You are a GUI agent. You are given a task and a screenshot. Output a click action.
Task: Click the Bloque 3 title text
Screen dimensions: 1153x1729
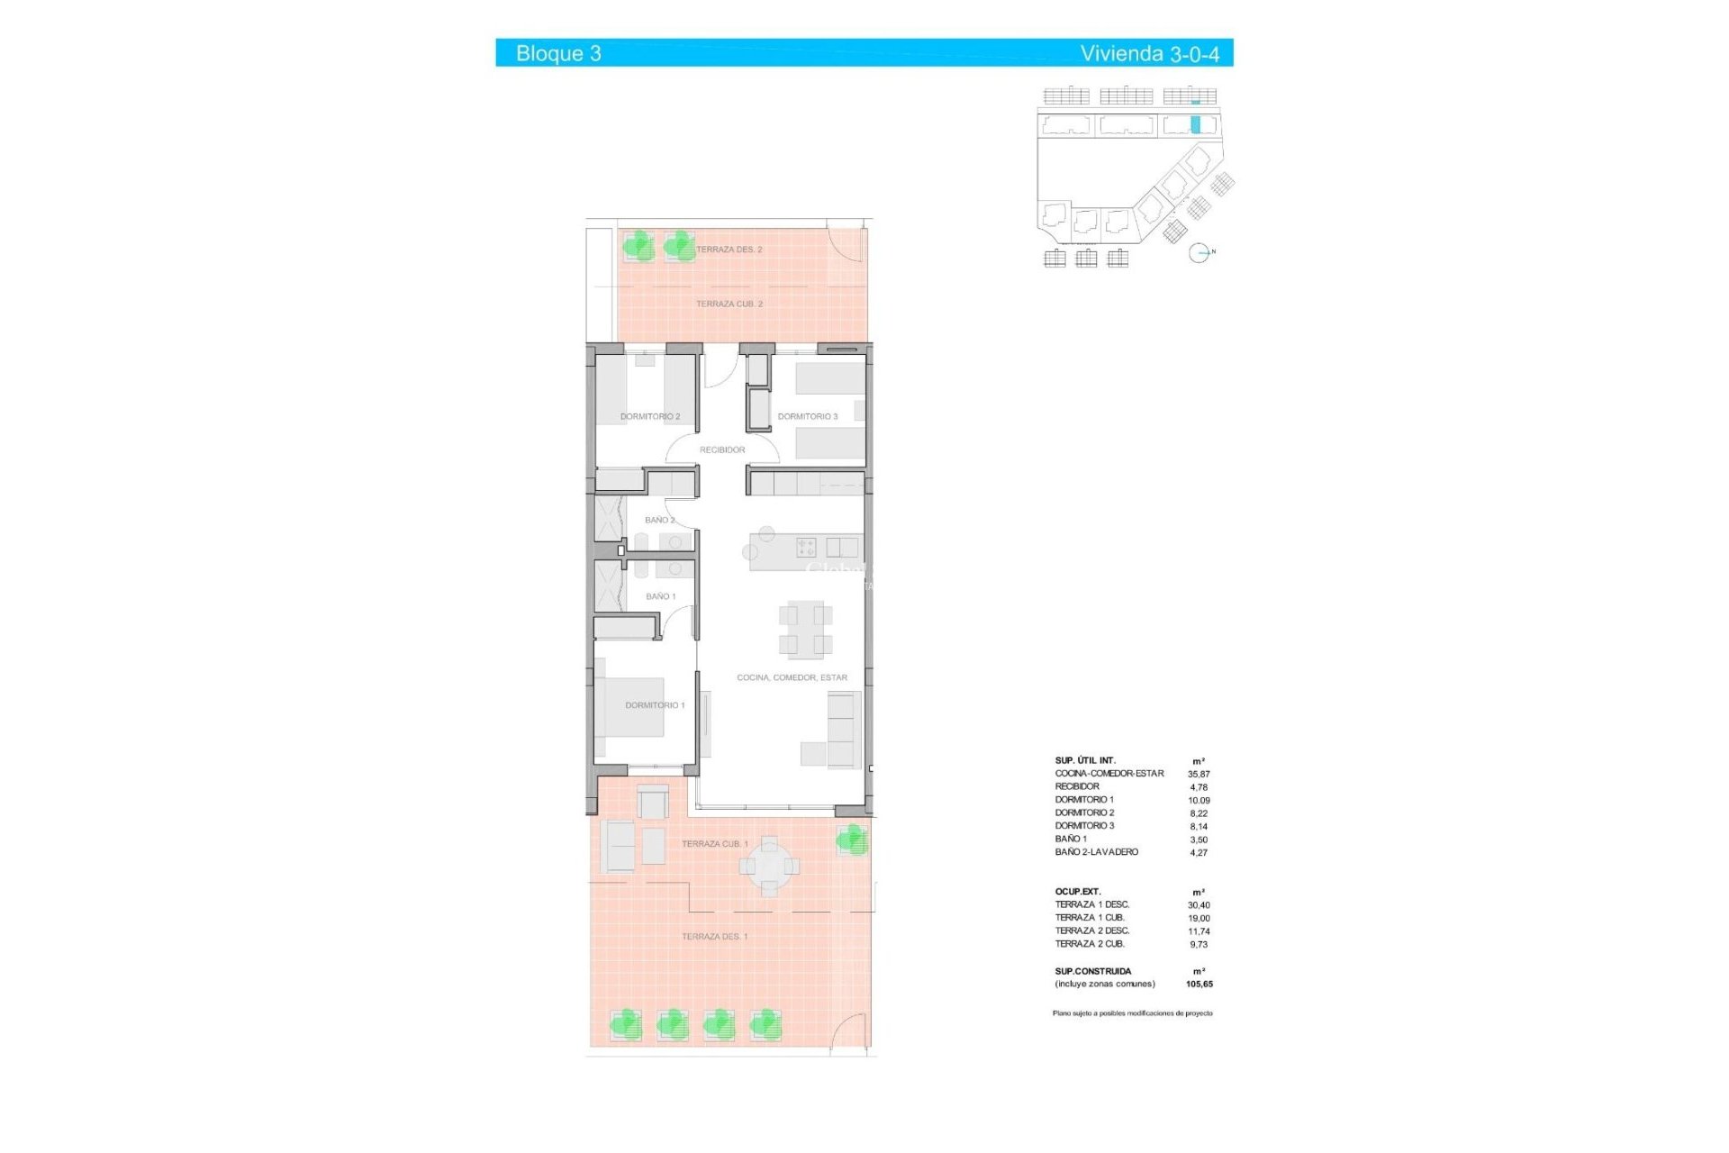tap(558, 53)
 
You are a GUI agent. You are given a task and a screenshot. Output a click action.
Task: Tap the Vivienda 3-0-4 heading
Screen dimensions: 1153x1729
tap(1149, 53)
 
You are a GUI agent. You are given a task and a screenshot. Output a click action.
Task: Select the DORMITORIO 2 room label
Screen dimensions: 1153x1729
tap(650, 417)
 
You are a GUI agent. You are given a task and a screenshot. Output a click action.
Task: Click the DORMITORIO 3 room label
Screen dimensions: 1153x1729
tap(808, 417)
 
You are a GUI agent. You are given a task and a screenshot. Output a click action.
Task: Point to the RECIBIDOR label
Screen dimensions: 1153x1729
tap(722, 449)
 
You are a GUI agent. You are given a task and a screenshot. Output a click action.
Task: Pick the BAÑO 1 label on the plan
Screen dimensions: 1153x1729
tap(660, 596)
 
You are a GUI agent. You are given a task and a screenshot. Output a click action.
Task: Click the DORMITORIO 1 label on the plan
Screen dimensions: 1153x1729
tap(655, 705)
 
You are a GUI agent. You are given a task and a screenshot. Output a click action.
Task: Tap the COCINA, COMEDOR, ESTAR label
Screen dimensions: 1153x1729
tap(792, 677)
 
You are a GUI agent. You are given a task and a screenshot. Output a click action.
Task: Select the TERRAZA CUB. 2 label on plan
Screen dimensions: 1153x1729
tap(729, 304)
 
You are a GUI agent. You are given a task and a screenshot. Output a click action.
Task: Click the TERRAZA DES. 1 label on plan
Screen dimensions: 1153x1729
tap(714, 937)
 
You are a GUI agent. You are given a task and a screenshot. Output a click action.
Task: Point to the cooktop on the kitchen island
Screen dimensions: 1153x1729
tap(806, 547)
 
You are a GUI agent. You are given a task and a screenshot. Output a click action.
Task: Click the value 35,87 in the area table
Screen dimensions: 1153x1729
tap(1199, 774)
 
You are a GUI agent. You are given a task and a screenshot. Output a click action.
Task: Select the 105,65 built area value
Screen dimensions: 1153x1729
tap(1199, 985)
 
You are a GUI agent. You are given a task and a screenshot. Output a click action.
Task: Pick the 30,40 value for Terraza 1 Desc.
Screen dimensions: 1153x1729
tap(1199, 905)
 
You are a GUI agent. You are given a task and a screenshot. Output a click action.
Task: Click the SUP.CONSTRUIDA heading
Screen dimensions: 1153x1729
tap(1093, 971)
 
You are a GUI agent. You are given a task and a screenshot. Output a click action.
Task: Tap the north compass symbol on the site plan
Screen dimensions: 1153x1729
tap(1199, 253)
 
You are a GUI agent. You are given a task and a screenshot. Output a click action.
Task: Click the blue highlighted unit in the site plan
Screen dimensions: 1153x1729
tap(1196, 125)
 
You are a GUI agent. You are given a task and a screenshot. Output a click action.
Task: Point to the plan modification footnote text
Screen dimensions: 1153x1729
tap(1132, 1013)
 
